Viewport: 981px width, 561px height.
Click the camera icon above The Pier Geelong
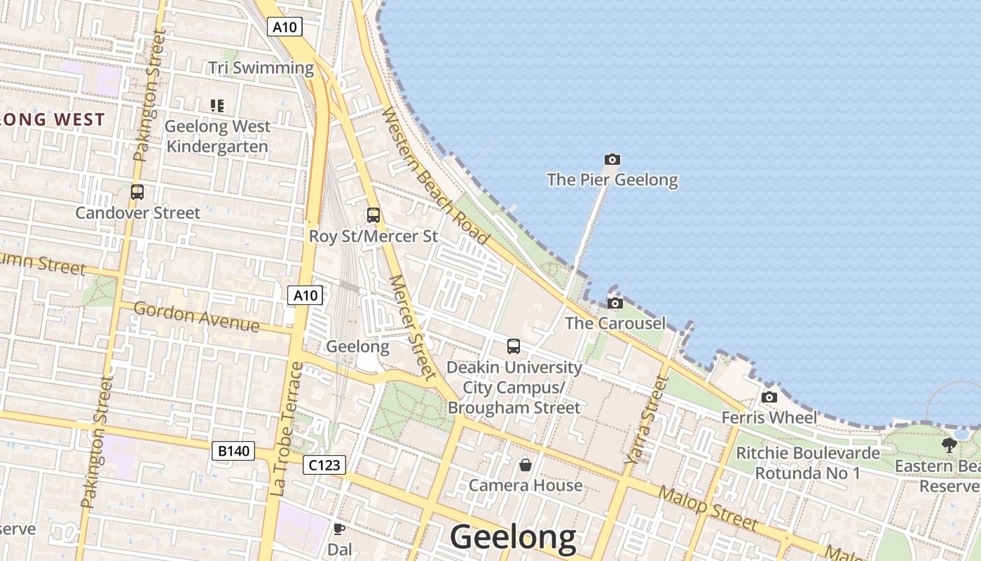[612, 160]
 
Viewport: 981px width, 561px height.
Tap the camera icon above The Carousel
[615, 303]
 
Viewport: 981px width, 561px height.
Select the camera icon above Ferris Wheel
[769, 398]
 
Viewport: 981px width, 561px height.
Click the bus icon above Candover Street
[137, 191]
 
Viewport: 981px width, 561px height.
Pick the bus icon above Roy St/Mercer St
[373, 215]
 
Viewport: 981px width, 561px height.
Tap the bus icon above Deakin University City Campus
[514, 346]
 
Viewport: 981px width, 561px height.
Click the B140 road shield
[233, 451]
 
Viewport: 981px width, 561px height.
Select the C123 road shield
[324, 464]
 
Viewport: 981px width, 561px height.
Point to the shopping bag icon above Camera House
[525, 464]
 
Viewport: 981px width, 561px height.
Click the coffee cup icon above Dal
[339, 529]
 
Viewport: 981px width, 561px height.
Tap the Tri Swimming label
[261, 68]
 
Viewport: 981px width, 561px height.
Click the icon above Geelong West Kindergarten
[217, 106]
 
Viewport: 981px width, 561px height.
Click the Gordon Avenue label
[196, 317]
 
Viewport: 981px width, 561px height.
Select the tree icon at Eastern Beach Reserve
[949, 445]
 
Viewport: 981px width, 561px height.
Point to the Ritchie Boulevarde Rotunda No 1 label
[807, 463]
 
